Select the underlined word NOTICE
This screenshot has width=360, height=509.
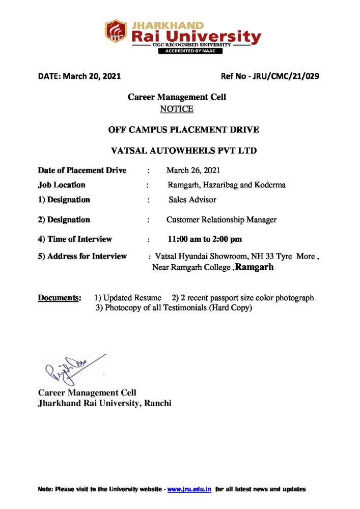[177, 109]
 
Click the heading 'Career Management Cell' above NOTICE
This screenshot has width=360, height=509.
[177, 97]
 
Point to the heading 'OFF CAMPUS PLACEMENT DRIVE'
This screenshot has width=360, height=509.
[184, 130]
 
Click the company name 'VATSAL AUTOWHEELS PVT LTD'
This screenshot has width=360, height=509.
[184, 151]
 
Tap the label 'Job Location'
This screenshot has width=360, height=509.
[62, 185]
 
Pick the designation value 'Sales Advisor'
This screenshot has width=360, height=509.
[192, 200]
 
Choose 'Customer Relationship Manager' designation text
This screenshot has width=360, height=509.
[221, 220]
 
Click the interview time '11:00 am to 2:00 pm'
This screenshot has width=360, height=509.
[205, 239]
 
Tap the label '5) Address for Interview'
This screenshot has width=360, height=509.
[82, 256]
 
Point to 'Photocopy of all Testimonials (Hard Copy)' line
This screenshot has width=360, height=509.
[174, 308]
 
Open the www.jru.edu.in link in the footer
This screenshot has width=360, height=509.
[189, 489]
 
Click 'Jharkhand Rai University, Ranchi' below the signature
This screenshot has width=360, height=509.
[105, 403]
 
